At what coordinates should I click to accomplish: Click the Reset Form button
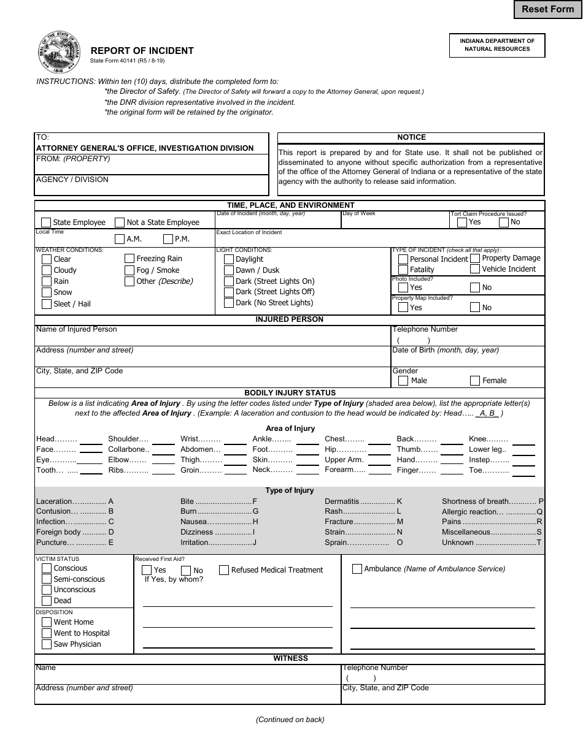[x=547, y=9]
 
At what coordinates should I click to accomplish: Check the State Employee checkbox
[x=46, y=223]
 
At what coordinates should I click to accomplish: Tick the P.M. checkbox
[x=168, y=239]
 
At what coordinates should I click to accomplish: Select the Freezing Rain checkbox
[x=129, y=259]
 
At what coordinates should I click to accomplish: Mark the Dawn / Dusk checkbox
[x=229, y=270]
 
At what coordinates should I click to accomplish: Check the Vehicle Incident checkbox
[x=475, y=269]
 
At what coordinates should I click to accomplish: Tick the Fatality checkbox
[x=403, y=270]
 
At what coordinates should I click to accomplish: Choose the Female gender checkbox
[x=475, y=381]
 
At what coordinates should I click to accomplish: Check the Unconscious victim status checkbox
[x=47, y=590]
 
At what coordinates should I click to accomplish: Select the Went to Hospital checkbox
[x=47, y=633]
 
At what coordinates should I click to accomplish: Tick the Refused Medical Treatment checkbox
[x=224, y=570]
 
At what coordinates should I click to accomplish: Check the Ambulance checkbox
[x=357, y=569]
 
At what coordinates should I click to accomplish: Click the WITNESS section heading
[x=290, y=658]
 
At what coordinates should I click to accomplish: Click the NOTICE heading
[x=411, y=137]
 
